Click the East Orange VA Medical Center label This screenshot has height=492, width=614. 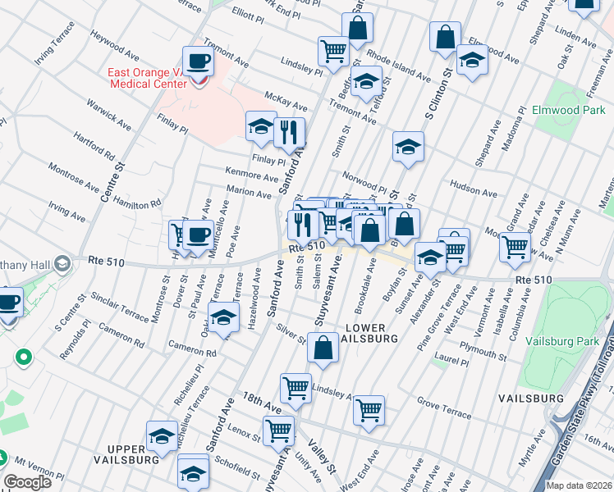coord(152,79)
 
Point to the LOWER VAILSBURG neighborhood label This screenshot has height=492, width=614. coord(371,332)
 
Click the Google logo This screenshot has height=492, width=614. coord(27,482)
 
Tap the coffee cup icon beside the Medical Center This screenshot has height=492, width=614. coord(197,61)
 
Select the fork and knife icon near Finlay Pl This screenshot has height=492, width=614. coord(288,132)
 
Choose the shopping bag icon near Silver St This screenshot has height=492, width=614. coord(323,348)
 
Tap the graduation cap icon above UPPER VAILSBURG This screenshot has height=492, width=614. coord(162,435)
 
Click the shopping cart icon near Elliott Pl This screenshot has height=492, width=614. coord(333,51)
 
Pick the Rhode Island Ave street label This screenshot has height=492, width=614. coord(398,67)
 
